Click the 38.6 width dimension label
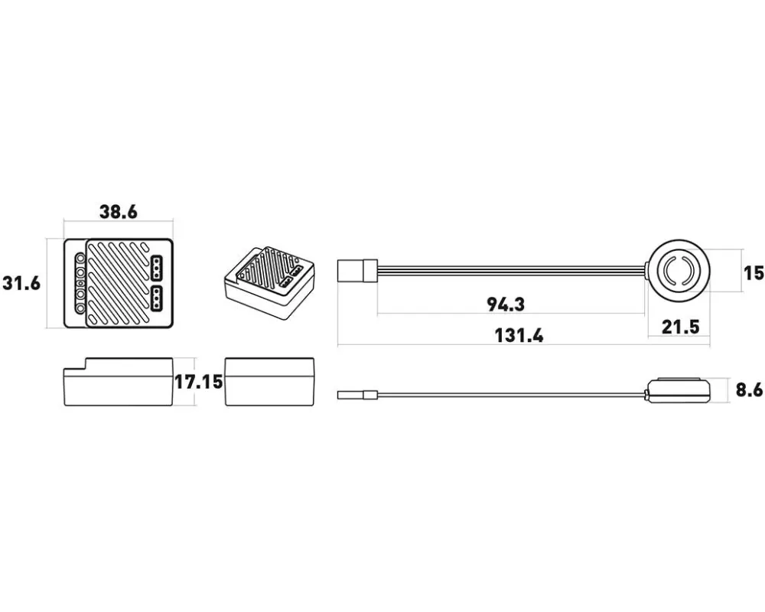pyautogui.click(x=119, y=213)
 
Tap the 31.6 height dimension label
pyautogui.click(x=21, y=283)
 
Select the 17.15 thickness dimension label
pyautogui.click(x=199, y=382)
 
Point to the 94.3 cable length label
pyautogui.click(x=506, y=304)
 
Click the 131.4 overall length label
pyautogui.click(x=519, y=336)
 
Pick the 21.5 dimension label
pyautogui.click(x=681, y=327)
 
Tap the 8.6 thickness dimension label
pyautogui.click(x=749, y=390)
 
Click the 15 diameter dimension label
pyautogui.click(x=754, y=273)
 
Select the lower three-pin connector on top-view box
pyautogui.click(x=157, y=298)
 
